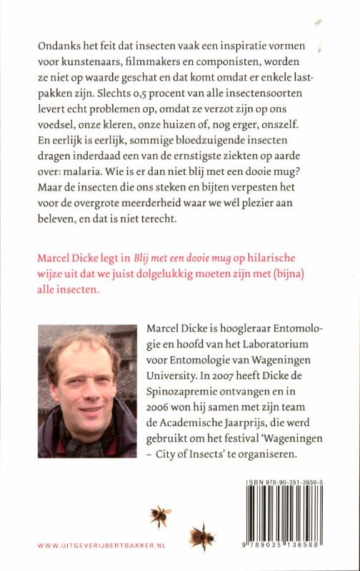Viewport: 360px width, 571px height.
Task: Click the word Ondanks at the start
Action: [58, 46]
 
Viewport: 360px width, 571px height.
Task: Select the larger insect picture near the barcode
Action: [203, 535]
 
